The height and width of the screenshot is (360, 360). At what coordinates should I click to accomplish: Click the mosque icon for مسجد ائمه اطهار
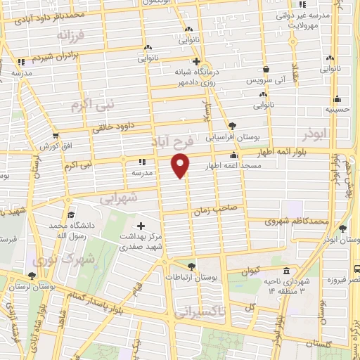(x=233, y=156)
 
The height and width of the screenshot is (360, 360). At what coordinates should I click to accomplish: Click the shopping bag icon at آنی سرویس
(x=266, y=70)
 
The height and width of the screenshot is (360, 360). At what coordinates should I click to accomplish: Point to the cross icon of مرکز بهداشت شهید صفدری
(x=141, y=226)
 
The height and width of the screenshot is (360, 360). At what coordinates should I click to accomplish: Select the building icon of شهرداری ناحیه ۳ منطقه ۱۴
(x=285, y=271)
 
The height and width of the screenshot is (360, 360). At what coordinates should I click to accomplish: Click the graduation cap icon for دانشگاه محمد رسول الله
(x=70, y=215)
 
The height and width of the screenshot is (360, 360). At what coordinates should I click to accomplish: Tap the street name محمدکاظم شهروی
(x=297, y=221)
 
